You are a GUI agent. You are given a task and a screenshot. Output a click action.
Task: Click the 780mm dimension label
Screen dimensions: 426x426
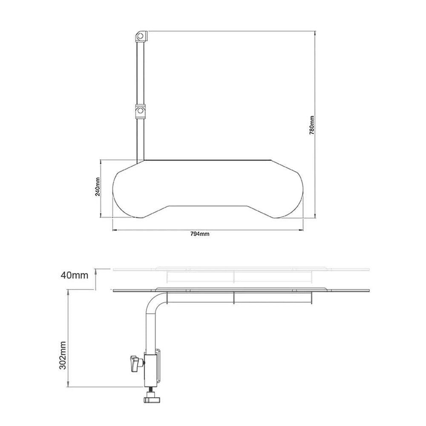click(312, 125)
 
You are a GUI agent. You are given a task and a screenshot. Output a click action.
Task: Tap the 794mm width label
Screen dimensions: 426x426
click(200, 233)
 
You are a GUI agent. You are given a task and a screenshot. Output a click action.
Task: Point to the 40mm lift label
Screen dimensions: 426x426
click(74, 275)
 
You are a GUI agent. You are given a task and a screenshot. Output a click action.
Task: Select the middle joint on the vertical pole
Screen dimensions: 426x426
click(140, 111)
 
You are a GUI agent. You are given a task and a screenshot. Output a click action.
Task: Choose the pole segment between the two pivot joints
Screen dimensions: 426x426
click(140, 72)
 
